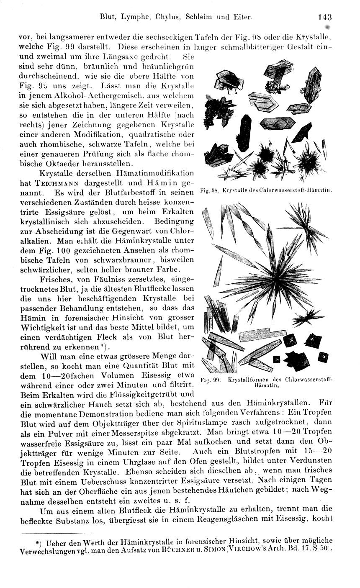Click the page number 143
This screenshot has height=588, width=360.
click(324, 17)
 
